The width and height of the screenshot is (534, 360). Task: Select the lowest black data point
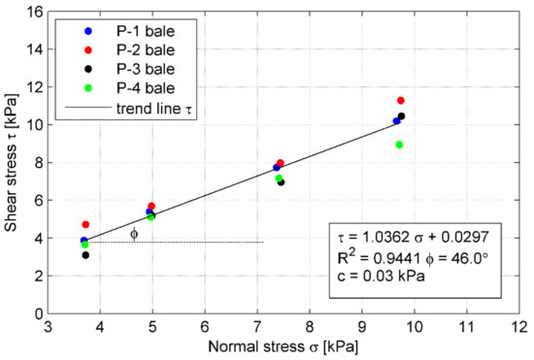[85, 255]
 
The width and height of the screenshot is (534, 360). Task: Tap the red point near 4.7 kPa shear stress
[85, 224]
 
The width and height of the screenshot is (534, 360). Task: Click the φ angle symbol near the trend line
[134, 233]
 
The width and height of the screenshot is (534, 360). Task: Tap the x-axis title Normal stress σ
[283, 344]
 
